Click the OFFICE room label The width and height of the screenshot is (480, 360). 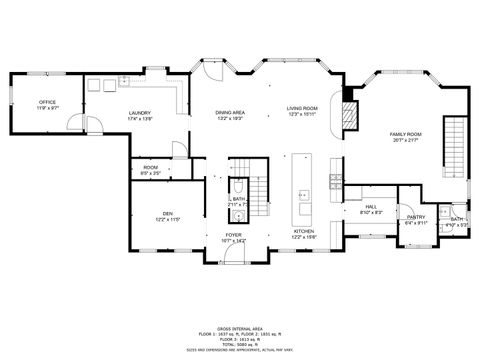47,102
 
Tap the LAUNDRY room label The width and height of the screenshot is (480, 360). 139,113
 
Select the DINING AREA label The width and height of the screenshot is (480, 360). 230,113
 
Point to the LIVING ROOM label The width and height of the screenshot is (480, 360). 301,108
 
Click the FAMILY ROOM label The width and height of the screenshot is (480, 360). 405,133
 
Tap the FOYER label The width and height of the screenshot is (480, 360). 233,235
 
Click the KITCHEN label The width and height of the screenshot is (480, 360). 303,231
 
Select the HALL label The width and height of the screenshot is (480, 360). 369,206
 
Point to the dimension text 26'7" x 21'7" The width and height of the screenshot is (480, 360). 405,139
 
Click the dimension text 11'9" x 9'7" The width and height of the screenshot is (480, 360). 47,108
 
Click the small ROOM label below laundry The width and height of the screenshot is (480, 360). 150,167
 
